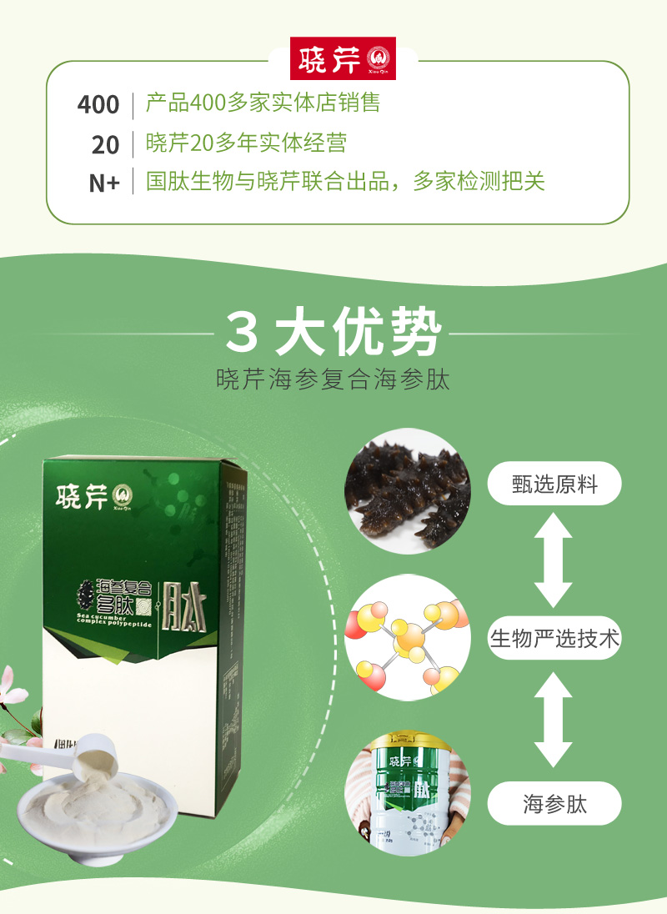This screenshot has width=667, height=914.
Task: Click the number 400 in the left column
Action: [x=98, y=105]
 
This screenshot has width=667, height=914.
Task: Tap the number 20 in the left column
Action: [x=106, y=144]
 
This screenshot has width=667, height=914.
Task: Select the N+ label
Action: [x=104, y=183]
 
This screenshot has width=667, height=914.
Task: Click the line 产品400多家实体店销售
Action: [x=263, y=103]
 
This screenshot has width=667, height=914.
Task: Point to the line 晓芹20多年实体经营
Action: [x=246, y=143]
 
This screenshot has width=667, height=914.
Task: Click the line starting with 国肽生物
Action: [x=345, y=182]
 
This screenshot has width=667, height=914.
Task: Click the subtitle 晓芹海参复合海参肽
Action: [x=333, y=379]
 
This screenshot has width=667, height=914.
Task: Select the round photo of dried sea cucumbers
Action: [x=408, y=491]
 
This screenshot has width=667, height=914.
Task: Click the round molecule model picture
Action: [x=408, y=637]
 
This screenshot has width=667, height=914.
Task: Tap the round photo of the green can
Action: [x=408, y=793]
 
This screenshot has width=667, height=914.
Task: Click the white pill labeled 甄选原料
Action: [x=554, y=484]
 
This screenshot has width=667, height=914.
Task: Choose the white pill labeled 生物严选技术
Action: [x=554, y=639]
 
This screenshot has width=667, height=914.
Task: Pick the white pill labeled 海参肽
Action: [x=554, y=804]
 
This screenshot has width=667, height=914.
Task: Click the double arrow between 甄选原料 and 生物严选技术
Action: [x=554, y=560]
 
